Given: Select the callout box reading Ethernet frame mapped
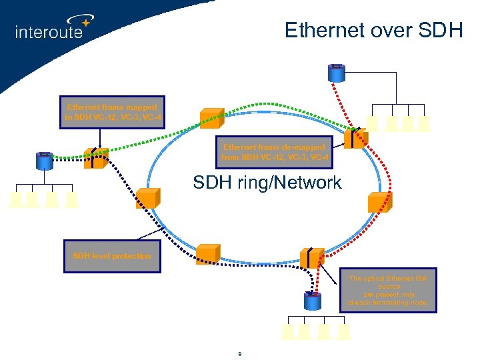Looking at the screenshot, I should click(x=112, y=111).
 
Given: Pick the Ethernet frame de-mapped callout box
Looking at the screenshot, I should click(x=274, y=152).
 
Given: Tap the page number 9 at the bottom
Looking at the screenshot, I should click(x=239, y=353).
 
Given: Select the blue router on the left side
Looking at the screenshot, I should click(x=45, y=160).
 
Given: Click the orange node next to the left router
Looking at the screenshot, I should click(x=96, y=158).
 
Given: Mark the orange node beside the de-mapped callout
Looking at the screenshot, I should click(x=355, y=138).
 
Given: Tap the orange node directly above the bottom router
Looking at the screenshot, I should click(x=312, y=257).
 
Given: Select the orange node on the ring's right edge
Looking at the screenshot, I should click(x=379, y=201).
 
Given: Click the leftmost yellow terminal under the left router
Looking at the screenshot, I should click(x=16, y=199).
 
